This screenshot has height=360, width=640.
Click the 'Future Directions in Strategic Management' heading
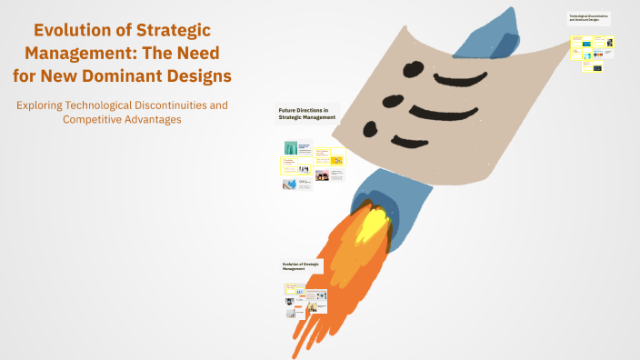point(307,115)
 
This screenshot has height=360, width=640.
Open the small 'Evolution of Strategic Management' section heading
point(301,265)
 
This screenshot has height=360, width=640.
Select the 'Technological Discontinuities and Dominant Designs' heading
point(589,17)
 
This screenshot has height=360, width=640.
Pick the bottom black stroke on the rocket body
point(442,138)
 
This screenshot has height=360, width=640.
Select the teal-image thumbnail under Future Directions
point(292,148)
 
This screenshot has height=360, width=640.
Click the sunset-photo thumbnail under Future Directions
point(323,175)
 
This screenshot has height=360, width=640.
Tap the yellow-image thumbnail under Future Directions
point(336,160)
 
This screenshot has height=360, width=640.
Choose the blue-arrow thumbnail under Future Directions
point(289,185)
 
